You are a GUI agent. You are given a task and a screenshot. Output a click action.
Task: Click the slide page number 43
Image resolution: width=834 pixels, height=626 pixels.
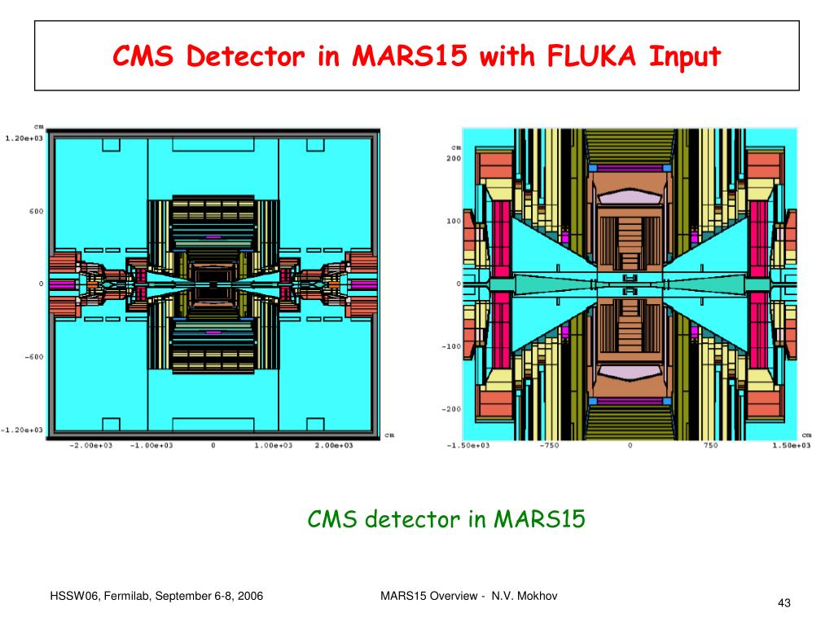tap(784, 602)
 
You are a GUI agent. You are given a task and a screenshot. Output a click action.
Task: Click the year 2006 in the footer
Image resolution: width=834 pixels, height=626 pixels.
tap(249, 597)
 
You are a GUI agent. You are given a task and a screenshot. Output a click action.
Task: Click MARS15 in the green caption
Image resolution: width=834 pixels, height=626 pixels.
tap(539, 519)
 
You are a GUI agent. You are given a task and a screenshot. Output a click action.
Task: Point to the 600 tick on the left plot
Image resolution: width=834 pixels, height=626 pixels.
tap(36, 211)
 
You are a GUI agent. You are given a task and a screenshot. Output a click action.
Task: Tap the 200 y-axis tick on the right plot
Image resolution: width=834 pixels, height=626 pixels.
tap(452, 158)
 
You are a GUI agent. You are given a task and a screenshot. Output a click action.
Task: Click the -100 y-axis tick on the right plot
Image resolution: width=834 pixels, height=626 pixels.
tap(450, 346)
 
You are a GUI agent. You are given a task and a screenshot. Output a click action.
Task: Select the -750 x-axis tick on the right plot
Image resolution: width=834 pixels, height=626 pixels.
tap(552, 446)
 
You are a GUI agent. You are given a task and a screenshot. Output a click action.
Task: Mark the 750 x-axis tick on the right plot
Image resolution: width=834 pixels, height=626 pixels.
tap(709, 446)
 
